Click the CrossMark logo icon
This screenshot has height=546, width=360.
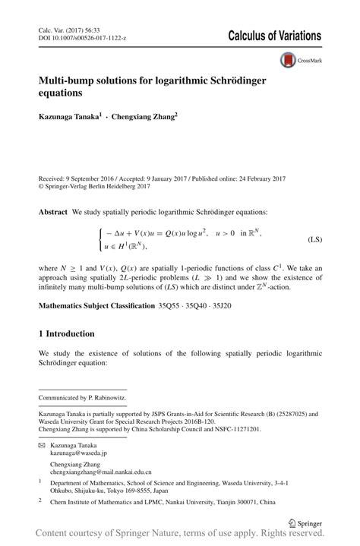[289, 59]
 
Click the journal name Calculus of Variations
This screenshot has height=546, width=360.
[274, 36]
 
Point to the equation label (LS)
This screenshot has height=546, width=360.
[314, 240]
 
